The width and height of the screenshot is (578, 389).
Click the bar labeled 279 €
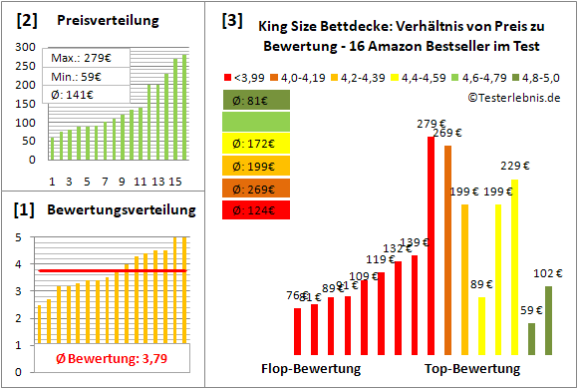coord(431,245)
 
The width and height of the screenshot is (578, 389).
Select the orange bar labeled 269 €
coord(447,250)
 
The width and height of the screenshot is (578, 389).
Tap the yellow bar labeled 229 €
coord(514,267)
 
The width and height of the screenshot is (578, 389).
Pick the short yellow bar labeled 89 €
coord(481,325)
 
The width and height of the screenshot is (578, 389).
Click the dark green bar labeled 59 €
coord(531,339)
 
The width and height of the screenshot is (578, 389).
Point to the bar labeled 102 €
coord(547,320)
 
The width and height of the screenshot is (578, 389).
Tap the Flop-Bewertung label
coord(311,369)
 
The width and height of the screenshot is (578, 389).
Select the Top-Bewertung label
coord(472,369)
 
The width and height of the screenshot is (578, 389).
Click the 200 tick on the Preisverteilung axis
coord(23,86)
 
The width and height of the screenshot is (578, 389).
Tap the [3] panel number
coord(231,19)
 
